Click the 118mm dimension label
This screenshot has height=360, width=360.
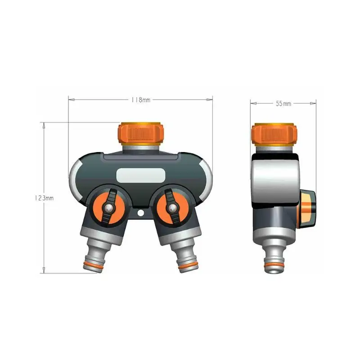141,100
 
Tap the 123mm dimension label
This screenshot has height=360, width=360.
44,198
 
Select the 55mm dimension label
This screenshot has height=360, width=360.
283,103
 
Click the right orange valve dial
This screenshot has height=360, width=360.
172,208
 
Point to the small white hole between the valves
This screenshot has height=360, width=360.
140,213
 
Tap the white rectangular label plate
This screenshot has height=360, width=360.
140,175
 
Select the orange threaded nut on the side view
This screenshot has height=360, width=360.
274,135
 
